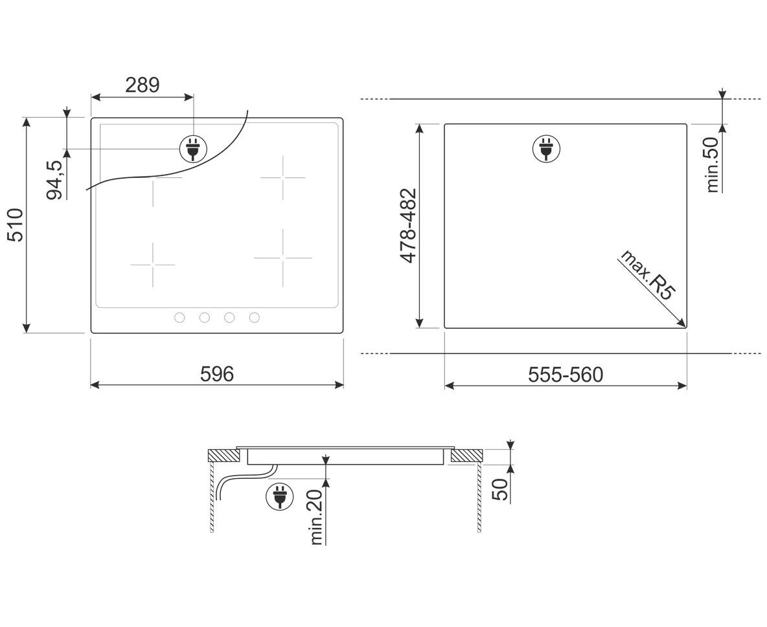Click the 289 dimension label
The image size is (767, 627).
click(143, 85)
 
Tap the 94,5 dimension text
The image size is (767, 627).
click(55, 180)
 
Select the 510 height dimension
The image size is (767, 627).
click(16, 225)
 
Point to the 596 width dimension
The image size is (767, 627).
click(217, 375)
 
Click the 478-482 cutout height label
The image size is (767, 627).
click(408, 225)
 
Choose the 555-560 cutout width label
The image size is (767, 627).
click(566, 375)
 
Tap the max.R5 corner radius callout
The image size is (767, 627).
click(648, 276)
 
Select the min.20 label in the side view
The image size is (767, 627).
click(318, 516)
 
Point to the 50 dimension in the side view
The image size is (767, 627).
click(500, 490)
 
